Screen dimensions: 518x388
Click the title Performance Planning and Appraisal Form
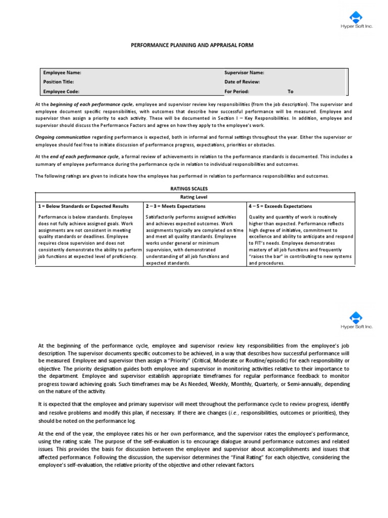click(192, 46)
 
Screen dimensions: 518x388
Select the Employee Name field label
click(62, 72)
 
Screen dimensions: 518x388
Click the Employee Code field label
click(61, 92)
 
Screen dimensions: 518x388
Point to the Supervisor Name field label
click(244, 72)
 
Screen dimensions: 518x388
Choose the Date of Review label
click(242, 82)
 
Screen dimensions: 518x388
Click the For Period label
click(236, 92)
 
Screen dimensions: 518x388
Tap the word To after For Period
click(290, 92)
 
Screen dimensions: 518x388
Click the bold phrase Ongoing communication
click(63, 137)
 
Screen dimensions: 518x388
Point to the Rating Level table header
click(194, 197)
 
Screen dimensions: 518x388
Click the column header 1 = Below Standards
click(83, 206)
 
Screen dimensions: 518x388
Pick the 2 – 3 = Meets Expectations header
click(175, 206)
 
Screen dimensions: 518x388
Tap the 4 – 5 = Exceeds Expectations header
click(280, 206)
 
